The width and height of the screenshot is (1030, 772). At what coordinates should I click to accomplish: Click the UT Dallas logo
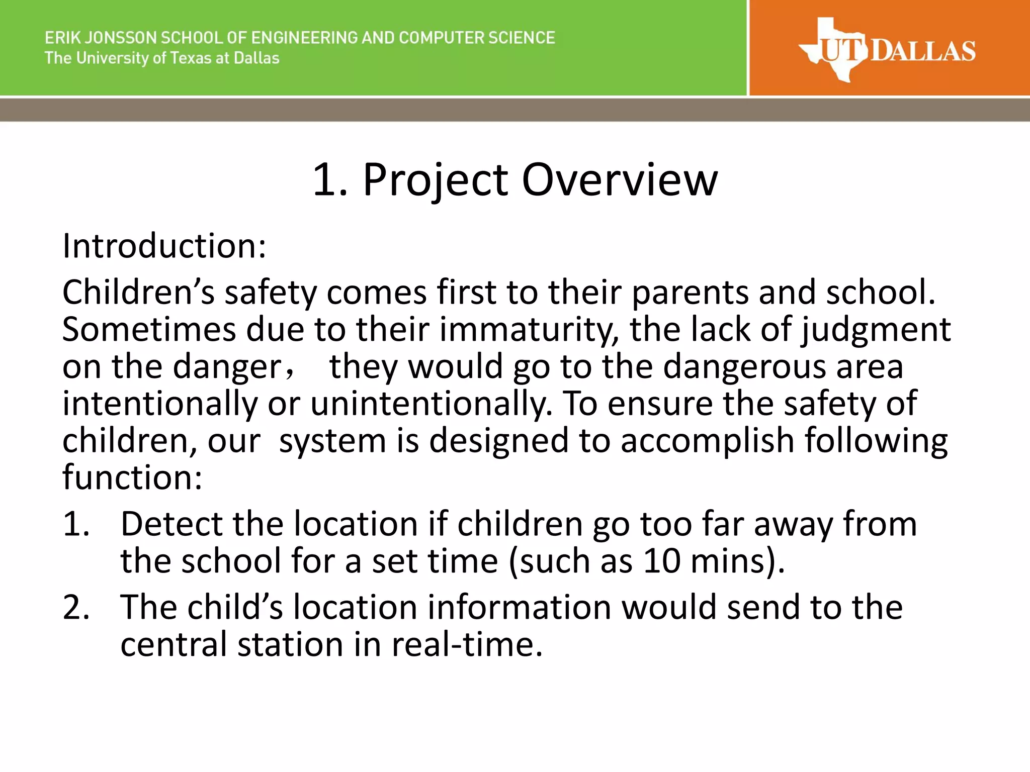tap(887, 50)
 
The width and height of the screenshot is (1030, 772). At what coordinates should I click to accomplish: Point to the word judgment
tap(876, 331)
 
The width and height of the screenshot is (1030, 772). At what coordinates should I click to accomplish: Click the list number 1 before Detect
tap(76, 524)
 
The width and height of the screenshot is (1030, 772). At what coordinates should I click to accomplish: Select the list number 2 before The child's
tap(76, 607)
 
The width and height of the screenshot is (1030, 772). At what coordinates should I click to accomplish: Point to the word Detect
tap(171, 524)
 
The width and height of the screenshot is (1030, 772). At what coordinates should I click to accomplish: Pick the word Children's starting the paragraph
tap(138, 293)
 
